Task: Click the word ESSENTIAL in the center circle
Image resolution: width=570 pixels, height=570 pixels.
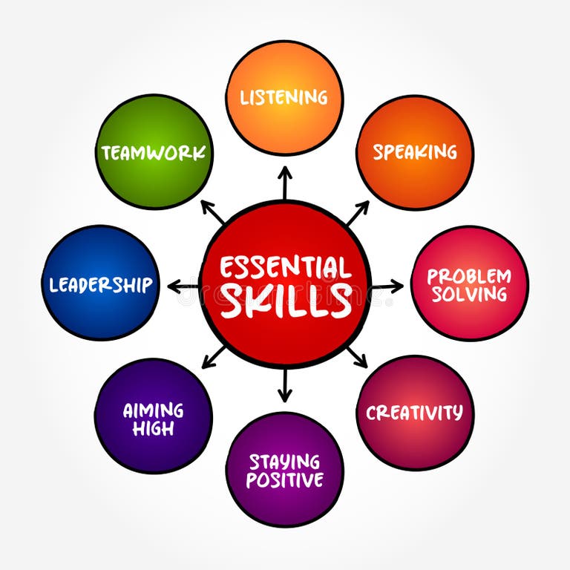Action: tap(286, 266)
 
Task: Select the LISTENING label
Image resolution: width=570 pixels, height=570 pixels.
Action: tap(284, 97)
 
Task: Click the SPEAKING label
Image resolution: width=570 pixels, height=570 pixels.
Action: tap(415, 152)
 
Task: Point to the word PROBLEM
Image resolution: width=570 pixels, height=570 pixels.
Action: tap(469, 276)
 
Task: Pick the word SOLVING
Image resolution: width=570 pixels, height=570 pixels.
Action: tap(469, 294)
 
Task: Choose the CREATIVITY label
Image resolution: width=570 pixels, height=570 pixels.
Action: tap(414, 412)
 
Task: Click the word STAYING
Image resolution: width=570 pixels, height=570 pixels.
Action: tap(284, 462)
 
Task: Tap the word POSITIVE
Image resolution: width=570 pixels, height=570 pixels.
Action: tap(284, 480)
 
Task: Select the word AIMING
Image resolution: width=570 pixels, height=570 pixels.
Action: tap(153, 410)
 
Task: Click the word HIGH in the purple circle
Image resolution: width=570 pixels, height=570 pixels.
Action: tap(153, 428)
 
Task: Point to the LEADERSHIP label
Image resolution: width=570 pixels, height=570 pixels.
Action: tap(100, 284)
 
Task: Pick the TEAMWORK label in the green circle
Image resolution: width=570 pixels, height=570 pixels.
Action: tap(154, 153)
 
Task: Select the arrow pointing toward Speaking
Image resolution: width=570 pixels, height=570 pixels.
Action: tap(357, 213)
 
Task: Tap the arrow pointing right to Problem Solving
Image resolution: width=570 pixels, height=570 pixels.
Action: tap(387, 285)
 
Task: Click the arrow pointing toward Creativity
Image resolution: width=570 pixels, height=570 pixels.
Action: tap(357, 357)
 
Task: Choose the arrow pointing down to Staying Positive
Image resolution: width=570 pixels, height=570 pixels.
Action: tap(285, 386)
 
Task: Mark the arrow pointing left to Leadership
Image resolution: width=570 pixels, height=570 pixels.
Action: tap(183, 285)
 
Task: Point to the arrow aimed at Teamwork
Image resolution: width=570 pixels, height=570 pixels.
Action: tap(212, 212)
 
